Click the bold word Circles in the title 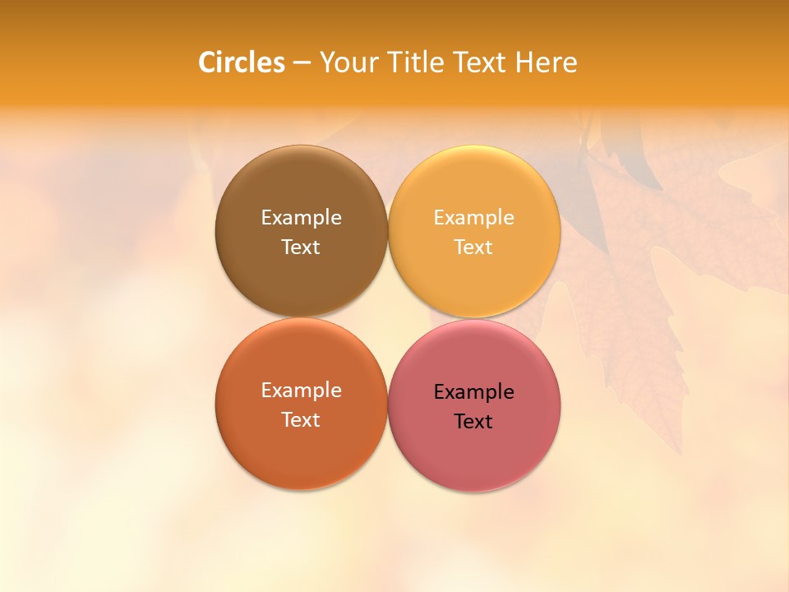[x=242, y=62]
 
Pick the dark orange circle [x=301, y=452]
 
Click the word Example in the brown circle [x=301, y=218]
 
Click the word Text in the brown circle [x=301, y=247]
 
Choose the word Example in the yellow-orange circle [x=473, y=218]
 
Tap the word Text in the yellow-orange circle [x=473, y=247]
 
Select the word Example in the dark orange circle [x=301, y=391]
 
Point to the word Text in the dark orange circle [x=301, y=420]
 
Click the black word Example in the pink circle [x=473, y=392]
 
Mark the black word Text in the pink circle [x=473, y=422]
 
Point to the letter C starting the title [x=208, y=62]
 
